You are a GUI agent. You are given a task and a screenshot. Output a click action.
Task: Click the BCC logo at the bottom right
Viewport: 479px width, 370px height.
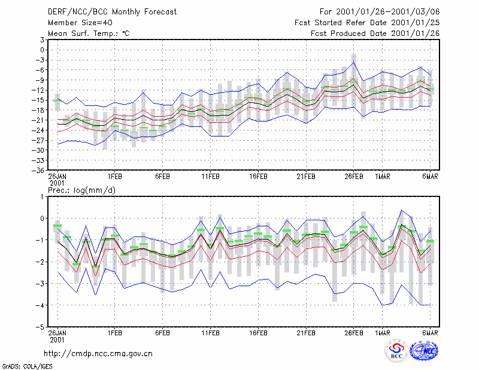pyautogui.click(x=396, y=351)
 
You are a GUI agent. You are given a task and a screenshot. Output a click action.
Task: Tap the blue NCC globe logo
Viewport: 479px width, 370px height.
pyautogui.click(x=424, y=351)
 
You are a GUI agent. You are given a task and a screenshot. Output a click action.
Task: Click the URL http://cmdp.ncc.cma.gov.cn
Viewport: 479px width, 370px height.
pyautogui.click(x=98, y=354)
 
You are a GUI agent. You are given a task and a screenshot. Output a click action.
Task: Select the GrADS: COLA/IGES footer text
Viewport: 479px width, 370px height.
pyautogui.click(x=27, y=366)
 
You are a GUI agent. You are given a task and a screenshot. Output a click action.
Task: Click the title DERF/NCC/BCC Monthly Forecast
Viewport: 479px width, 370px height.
pyautogui.click(x=112, y=12)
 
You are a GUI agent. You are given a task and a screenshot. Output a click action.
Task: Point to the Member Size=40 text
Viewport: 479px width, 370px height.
pyautogui.click(x=80, y=23)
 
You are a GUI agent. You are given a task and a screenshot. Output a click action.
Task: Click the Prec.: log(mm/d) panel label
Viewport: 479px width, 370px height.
pyautogui.click(x=81, y=190)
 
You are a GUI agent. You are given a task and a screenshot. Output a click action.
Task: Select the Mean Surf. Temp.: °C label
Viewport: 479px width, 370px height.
pyautogui.click(x=89, y=34)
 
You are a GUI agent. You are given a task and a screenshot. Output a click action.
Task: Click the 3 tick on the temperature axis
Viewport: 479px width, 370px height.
pyautogui.click(x=42, y=40)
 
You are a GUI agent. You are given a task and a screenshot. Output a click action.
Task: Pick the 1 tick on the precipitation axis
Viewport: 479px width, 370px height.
pyautogui.click(x=42, y=197)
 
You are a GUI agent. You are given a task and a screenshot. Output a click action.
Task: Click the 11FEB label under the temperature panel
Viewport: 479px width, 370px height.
pyautogui.click(x=210, y=177)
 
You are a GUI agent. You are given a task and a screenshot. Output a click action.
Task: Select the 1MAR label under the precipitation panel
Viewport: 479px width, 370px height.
pyautogui.click(x=383, y=333)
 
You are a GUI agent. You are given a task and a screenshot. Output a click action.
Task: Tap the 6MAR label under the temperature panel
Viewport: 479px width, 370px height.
pyautogui.click(x=430, y=177)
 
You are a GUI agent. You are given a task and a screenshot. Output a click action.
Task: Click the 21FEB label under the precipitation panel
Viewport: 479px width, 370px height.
pyautogui.click(x=306, y=333)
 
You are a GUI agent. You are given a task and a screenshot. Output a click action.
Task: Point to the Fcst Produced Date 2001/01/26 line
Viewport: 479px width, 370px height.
pyautogui.click(x=375, y=34)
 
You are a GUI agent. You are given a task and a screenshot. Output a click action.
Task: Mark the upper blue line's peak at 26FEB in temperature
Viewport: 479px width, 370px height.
pyautogui.click(x=354, y=62)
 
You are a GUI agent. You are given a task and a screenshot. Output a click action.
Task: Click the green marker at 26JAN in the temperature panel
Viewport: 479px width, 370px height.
pyautogui.click(x=57, y=100)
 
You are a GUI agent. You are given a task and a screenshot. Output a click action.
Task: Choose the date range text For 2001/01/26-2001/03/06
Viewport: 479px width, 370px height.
pyautogui.click(x=380, y=12)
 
